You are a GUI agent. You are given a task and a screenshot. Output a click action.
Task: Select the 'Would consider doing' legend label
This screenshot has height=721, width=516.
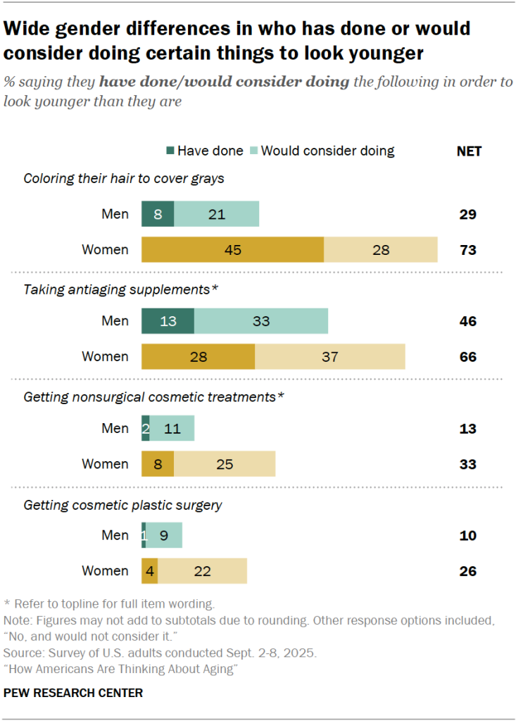pyautogui.click(x=327, y=151)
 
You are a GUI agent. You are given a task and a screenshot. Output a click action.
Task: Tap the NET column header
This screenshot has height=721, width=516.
pyautogui.click(x=469, y=151)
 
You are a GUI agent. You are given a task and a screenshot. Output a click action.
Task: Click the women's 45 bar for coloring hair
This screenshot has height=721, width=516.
pyautogui.click(x=232, y=250)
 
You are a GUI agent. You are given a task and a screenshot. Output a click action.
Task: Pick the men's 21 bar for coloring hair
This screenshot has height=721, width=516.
pyautogui.click(x=216, y=214)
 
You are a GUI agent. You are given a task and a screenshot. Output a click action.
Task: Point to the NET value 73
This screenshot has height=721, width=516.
pyautogui.click(x=467, y=250)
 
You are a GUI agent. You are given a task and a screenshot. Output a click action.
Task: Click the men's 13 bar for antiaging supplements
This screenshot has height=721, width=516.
pyautogui.click(x=168, y=321)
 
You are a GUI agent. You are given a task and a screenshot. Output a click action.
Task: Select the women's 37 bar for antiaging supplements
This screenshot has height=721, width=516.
pyautogui.click(x=329, y=357)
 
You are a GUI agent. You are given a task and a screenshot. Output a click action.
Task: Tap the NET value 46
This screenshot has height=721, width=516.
pyautogui.click(x=467, y=321)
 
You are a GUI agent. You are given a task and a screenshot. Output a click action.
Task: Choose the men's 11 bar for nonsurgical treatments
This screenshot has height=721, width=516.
pyautogui.click(x=172, y=428)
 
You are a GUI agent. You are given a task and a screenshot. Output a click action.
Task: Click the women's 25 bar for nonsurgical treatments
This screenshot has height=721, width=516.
pyautogui.click(x=225, y=464)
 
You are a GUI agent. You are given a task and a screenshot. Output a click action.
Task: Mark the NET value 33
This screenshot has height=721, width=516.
pyautogui.click(x=467, y=464)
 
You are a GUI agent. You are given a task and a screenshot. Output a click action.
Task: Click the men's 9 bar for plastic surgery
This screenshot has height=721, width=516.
pyautogui.click(x=164, y=535)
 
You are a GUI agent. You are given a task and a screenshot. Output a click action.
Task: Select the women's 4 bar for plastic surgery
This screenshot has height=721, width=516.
pyautogui.click(x=149, y=571)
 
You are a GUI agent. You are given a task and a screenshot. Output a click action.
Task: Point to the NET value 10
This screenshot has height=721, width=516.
pyautogui.click(x=467, y=535)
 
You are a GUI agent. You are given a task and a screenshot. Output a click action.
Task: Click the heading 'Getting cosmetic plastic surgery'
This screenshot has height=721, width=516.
pyautogui.click(x=123, y=505)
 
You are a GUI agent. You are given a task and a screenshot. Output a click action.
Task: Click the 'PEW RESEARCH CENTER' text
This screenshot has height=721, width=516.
pyautogui.click(x=73, y=693)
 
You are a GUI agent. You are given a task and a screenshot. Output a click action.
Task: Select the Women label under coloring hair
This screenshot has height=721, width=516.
pyautogui.click(x=105, y=250)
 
